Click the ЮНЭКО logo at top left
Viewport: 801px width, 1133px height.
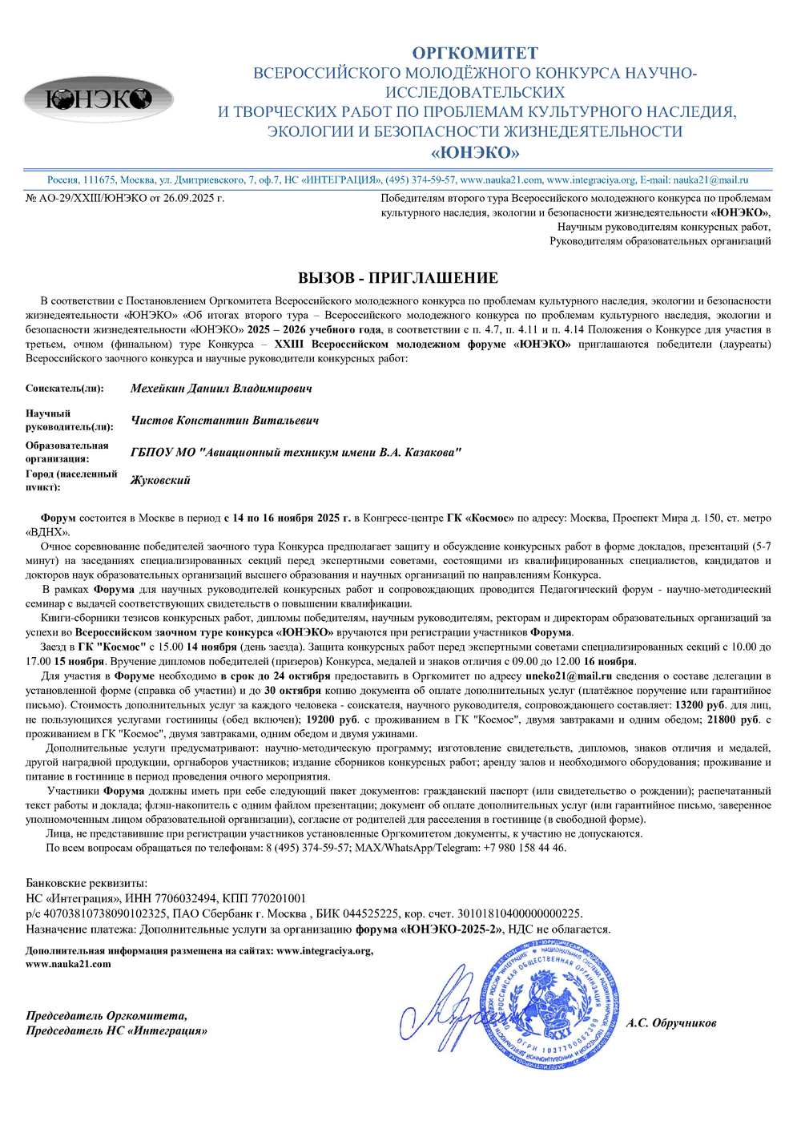[x=99, y=99]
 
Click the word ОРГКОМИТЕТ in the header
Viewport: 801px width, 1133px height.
[x=475, y=53]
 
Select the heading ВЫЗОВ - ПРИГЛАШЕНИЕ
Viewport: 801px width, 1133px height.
[x=398, y=278]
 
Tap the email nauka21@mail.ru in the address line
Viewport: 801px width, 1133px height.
[x=710, y=180]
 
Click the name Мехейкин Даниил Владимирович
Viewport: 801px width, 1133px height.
[x=221, y=389]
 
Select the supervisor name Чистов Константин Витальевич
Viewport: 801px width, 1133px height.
[x=224, y=421]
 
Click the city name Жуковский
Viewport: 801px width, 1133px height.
[x=160, y=481]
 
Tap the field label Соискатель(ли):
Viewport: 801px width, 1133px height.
[x=64, y=389]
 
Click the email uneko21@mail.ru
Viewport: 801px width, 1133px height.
[x=569, y=676]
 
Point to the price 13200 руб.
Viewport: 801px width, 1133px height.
[x=700, y=705]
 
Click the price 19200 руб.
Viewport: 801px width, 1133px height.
[x=332, y=720]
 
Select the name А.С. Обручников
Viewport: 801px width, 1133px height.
[x=671, y=1023]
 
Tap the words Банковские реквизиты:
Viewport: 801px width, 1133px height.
[x=87, y=883]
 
